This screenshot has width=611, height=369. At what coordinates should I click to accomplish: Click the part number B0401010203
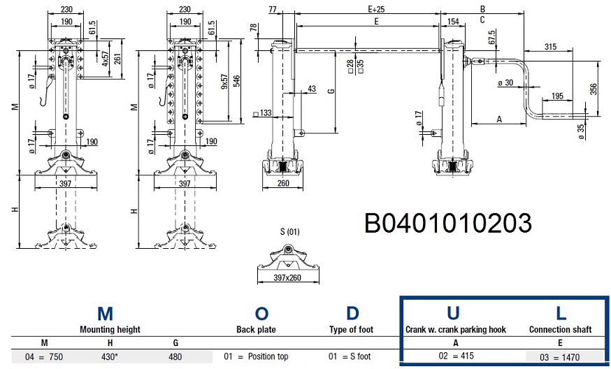click(x=448, y=223)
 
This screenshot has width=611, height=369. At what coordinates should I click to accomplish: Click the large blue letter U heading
click(x=452, y=314)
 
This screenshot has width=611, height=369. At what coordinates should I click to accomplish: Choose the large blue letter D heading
click(x=352, y=314)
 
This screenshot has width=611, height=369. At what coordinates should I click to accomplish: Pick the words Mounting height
click(x=110, y=329)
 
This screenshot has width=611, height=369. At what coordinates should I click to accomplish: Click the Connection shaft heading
click(x=561, y=329)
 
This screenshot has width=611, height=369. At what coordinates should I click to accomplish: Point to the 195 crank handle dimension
click(x=557, y=95)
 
